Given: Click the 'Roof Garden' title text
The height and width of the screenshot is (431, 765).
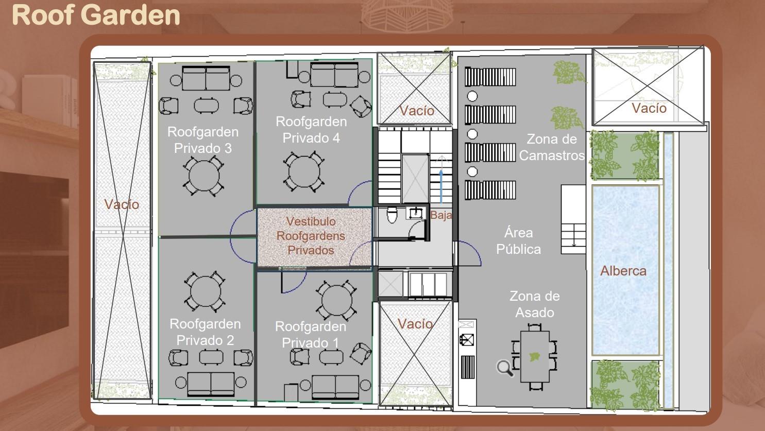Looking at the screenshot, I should coord(96,14).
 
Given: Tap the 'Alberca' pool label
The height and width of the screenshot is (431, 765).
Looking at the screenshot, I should coord(623,271).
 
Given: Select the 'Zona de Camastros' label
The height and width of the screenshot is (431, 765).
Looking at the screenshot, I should coord(551,147).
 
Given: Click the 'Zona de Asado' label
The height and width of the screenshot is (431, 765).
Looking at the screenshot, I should coord(534,304).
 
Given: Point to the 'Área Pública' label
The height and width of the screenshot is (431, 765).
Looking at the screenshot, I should coord(518,241).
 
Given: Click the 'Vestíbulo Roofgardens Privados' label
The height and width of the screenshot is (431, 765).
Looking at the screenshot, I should coord(311,236).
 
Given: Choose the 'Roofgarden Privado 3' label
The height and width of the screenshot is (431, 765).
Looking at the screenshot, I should coord(202,140).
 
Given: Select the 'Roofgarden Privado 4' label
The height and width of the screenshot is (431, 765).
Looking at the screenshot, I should coord(311,130).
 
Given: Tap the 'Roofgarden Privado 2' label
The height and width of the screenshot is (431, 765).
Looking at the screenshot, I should coord(205,332).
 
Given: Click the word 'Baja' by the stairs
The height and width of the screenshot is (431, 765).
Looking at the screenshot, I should coord(441,215).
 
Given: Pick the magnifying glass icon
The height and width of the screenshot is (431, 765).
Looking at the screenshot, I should coord(504,368).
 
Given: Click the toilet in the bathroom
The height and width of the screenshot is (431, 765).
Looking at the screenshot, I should coord(392,215).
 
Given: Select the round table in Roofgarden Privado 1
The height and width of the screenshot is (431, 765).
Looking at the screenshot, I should coord(336,300).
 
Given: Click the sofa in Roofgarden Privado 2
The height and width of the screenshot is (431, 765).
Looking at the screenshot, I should coord(210,383).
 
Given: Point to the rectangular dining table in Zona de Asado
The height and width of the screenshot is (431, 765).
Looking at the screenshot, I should coord(535,356).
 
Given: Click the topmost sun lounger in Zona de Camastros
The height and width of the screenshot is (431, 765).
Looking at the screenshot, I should coord(490,77).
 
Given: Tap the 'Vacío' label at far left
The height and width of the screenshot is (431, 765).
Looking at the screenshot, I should coord(122,204).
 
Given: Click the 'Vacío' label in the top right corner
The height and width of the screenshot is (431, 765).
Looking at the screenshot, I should coord(649,108).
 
